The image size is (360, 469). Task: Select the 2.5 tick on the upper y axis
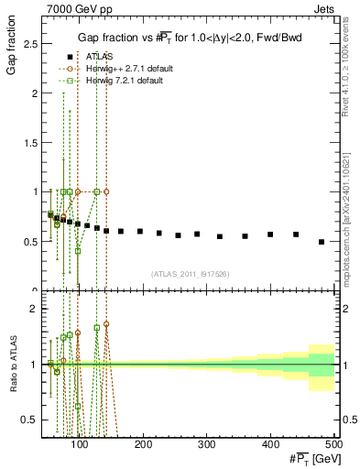[33, 43]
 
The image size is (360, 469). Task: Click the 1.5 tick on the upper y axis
[33, 142]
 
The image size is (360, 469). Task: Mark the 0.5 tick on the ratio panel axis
[33, 420]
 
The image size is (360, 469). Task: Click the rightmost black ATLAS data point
[321, 242]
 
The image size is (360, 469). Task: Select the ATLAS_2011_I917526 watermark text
[191, 274]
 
